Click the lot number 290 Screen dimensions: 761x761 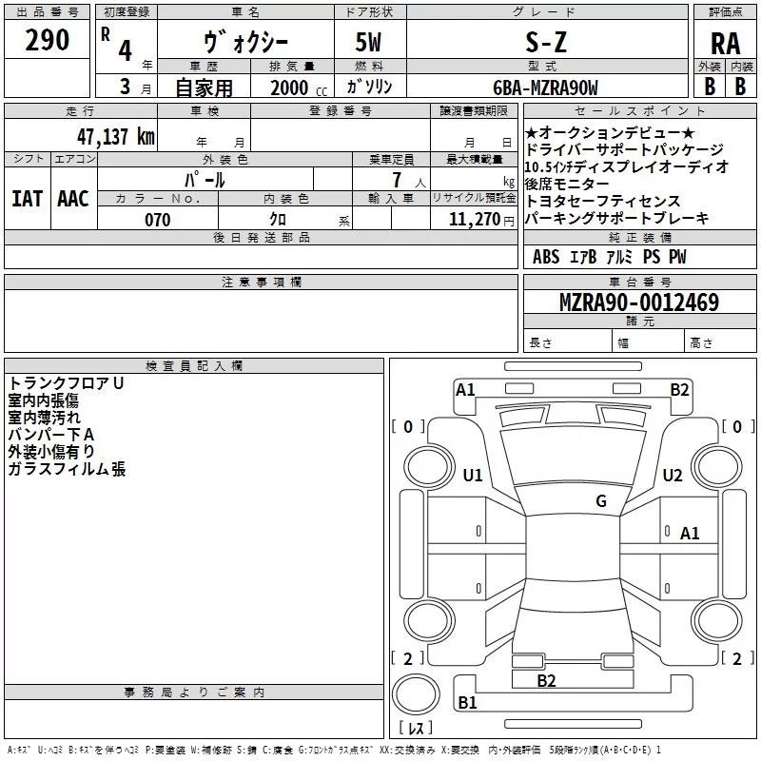coord(47,40)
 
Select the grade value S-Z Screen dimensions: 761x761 coord(546,42)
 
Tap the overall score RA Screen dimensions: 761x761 coord(726,44)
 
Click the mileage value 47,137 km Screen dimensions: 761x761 coord(115,136)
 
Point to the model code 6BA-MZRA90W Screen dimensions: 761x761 coord(545,88)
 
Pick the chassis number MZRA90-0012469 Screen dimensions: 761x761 coord(639,302)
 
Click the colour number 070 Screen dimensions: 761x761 coord(158,220)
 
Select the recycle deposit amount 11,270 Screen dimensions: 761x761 coord(474,220)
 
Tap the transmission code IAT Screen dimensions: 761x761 coord(27,199)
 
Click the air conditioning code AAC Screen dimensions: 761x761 coord(73,199)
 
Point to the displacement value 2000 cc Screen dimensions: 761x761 coord(299,88)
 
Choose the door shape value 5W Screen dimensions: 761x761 coord(368,42)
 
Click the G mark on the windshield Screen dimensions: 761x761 coord(601,500)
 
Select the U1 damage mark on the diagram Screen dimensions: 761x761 coord(473,475)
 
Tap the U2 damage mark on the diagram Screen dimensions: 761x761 coord(673,475)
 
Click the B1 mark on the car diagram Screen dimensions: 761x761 coord(467,702)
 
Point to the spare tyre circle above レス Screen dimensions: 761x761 coord(416,694)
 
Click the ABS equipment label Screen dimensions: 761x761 coord(546,257)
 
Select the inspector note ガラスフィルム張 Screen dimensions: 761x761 coord(67,469)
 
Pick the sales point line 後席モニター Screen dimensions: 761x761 coord(567,184)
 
